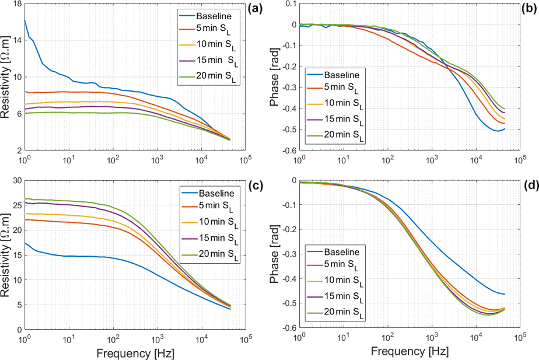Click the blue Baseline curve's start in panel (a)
point(24,20)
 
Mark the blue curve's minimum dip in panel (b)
point(496,131)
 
